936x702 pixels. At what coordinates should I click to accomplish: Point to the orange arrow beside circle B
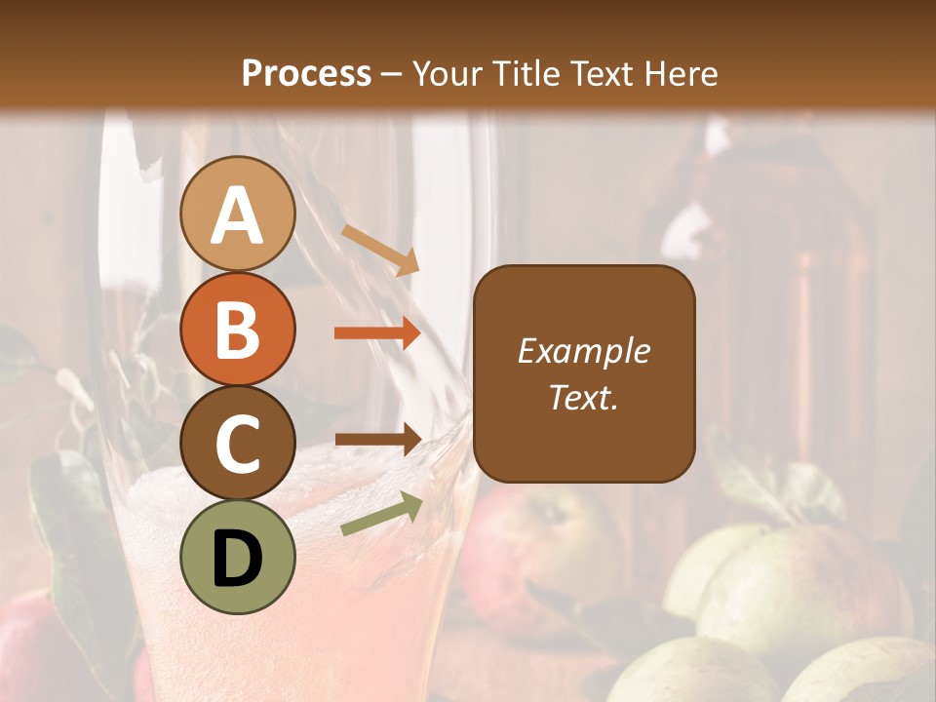377,333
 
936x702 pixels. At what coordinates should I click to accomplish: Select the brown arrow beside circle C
377,440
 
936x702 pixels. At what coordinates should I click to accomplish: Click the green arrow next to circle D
381,514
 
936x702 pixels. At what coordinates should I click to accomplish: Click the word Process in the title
306,74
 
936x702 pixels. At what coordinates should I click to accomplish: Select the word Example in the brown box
584,351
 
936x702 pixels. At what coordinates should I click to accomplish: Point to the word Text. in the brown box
584,398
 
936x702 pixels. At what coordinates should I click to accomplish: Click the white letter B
238,330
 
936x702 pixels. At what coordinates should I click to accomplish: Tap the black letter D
238,559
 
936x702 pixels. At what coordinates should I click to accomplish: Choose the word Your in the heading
445,74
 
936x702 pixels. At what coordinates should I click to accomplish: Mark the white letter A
238,214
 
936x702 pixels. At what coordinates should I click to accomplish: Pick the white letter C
238,444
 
